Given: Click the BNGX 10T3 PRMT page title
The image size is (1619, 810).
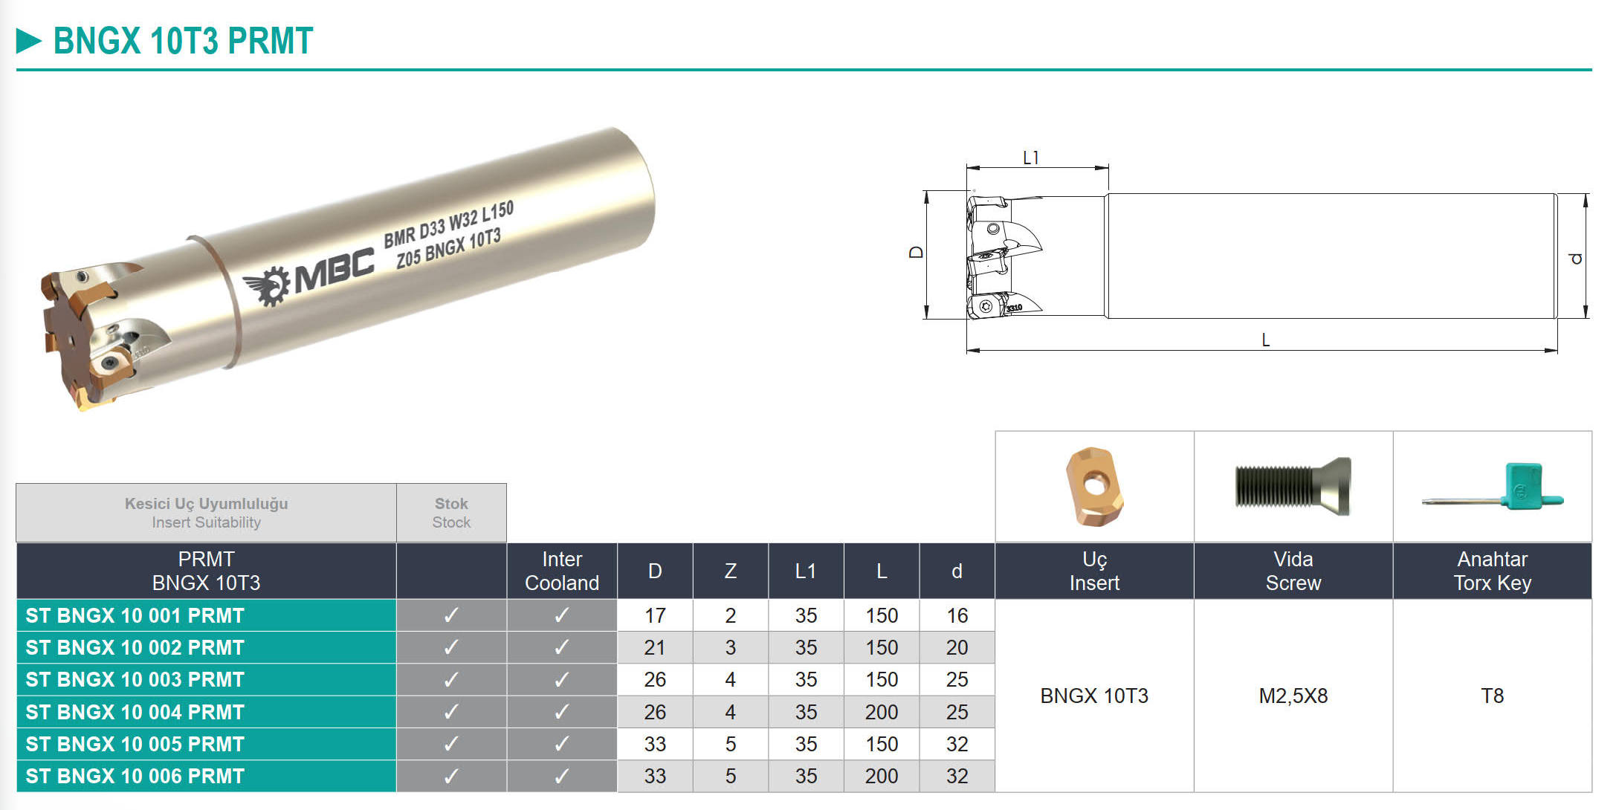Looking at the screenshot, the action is coord(183,41).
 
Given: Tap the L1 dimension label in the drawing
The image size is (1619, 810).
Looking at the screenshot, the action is coord(1031,158).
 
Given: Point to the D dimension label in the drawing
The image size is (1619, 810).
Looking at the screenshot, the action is coord(917,253).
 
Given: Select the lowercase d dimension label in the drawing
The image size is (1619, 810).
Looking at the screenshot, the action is coord(1575,258).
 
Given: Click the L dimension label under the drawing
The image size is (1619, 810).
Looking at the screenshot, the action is coord(1265,340).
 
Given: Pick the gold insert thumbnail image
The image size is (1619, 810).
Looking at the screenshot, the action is coord(1093,486).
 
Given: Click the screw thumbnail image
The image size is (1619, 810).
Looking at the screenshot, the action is coord(1293,487).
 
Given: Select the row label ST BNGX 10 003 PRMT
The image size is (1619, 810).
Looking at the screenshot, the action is coord(135,680).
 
